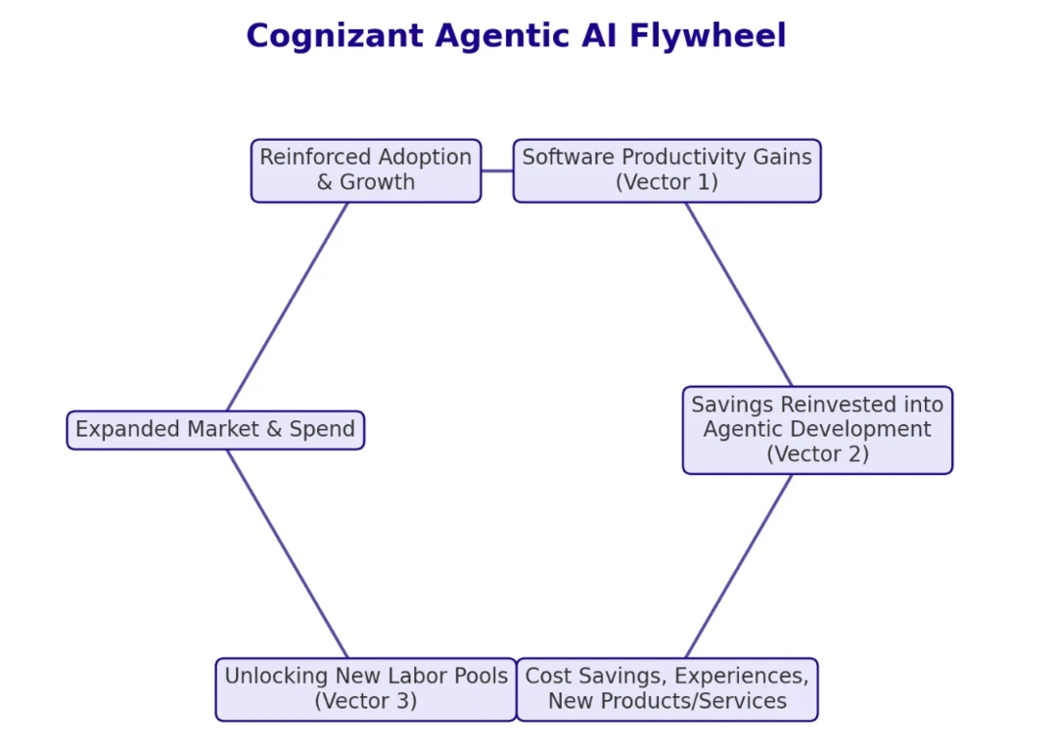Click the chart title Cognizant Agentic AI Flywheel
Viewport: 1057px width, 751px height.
[x=516, y=36]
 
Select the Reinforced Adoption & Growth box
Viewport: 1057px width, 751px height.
[x=365, y=170]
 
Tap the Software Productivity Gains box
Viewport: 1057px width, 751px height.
[x=666, y=170]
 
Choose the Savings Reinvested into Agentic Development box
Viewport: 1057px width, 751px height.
[x=817, y=430]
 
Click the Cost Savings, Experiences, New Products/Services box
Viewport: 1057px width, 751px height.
[x=666, y=689]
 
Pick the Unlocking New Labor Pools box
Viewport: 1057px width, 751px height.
[x=365, y=689]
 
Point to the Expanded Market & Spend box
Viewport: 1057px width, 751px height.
[x=215, y=430]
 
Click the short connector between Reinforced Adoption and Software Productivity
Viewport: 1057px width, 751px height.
[x=497, y=170]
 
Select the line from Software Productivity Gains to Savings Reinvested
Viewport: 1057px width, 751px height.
[x=739, y=295]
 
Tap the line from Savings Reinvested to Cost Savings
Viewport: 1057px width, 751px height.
[x=739, y=566]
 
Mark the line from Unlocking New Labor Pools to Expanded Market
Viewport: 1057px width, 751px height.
[x=287, y=553]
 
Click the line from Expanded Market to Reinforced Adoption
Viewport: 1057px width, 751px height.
[x=287, y=306]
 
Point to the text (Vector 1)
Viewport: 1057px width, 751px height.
[x=666, y=183]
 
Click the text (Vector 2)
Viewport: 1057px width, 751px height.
[x=817, y=454]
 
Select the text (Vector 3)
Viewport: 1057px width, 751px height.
[x=365, y=701]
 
